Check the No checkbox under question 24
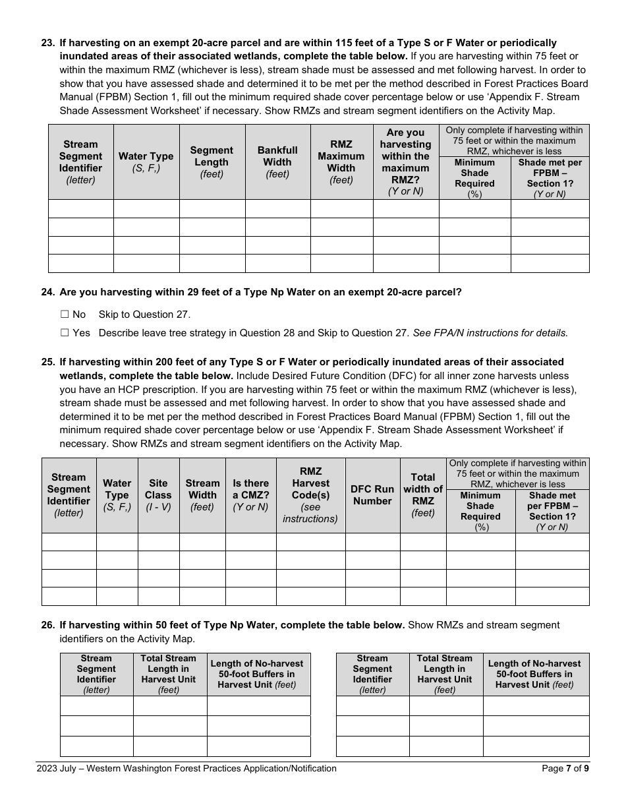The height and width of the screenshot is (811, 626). coord(65,315)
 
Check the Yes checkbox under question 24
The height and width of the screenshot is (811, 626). coord(65,333)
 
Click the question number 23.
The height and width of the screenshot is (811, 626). coord(48,43)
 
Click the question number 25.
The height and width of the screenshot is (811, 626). coord(48,362)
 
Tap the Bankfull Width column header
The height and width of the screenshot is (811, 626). coord(277,162)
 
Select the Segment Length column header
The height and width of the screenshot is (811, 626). coord(212,162)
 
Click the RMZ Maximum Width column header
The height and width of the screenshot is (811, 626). coord(341,162)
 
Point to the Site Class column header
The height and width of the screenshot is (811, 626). coord(158,495)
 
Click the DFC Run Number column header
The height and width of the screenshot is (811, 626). coord(372,495)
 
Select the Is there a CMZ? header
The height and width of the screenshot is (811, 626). coord(250,495)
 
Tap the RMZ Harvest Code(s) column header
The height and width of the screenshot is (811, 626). coord(310,495)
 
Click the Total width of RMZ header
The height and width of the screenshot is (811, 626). coord(423,495)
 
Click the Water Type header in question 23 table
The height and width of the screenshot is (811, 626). coord(146,162)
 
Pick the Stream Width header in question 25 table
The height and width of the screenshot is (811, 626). coord(202,495)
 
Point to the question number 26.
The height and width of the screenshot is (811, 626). coord(48,625)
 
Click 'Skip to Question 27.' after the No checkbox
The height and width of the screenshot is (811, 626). coord(144,315)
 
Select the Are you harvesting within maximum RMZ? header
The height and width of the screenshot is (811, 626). coord(405,162)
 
